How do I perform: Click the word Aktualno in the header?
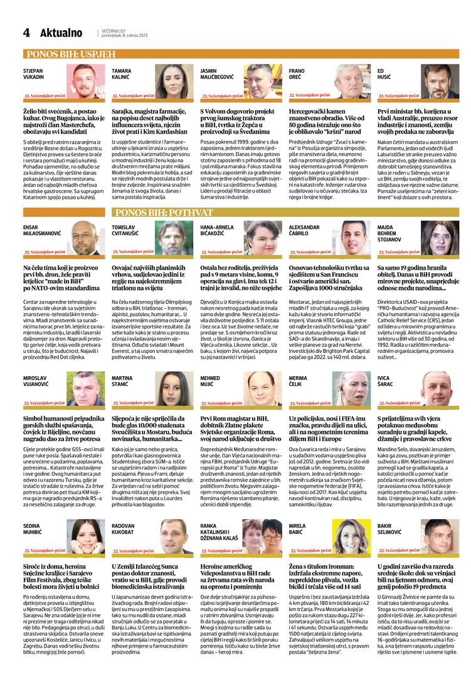coord(61,33)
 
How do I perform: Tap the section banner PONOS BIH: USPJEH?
coord(70,54)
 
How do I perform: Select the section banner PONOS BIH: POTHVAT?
coord(164,213)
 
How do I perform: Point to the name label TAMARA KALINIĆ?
coord(122,74)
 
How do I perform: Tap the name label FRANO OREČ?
coord(297,74)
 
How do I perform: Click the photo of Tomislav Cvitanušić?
coord(174,238)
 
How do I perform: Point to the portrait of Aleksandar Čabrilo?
coord(351,238)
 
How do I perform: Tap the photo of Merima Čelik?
coord(351,389)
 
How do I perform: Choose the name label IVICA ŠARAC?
coord(386,382)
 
